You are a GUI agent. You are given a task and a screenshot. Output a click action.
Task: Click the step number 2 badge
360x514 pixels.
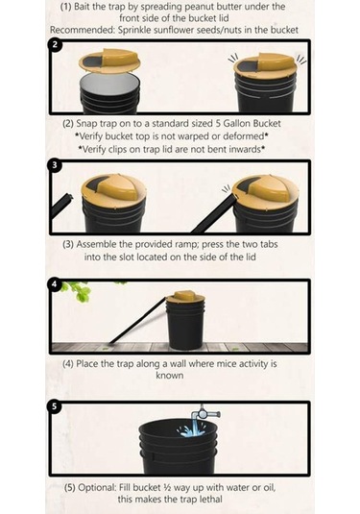coord(55,44)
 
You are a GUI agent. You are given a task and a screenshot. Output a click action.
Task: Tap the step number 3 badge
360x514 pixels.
coord(55,165)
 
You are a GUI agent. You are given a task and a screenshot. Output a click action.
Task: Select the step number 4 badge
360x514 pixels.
coord(55,284)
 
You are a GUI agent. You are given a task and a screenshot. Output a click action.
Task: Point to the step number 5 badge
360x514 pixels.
coord(55,406)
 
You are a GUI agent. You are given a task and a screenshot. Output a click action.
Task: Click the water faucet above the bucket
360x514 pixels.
coord(205,412)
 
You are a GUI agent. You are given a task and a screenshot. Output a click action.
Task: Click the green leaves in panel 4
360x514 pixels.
coord(78,291)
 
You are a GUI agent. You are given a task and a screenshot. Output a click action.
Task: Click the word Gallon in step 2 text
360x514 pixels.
coord(238,124)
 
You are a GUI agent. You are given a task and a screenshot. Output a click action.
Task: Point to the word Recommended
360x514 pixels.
coord(83,30)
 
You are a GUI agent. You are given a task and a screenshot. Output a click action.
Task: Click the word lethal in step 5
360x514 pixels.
coord(208,500)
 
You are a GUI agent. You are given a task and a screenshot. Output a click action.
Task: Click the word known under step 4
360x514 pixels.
coord(170,376)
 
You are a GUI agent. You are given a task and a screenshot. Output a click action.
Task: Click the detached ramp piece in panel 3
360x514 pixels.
coord(61,206)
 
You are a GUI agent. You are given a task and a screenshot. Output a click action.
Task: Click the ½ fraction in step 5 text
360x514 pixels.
coord(167,487)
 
